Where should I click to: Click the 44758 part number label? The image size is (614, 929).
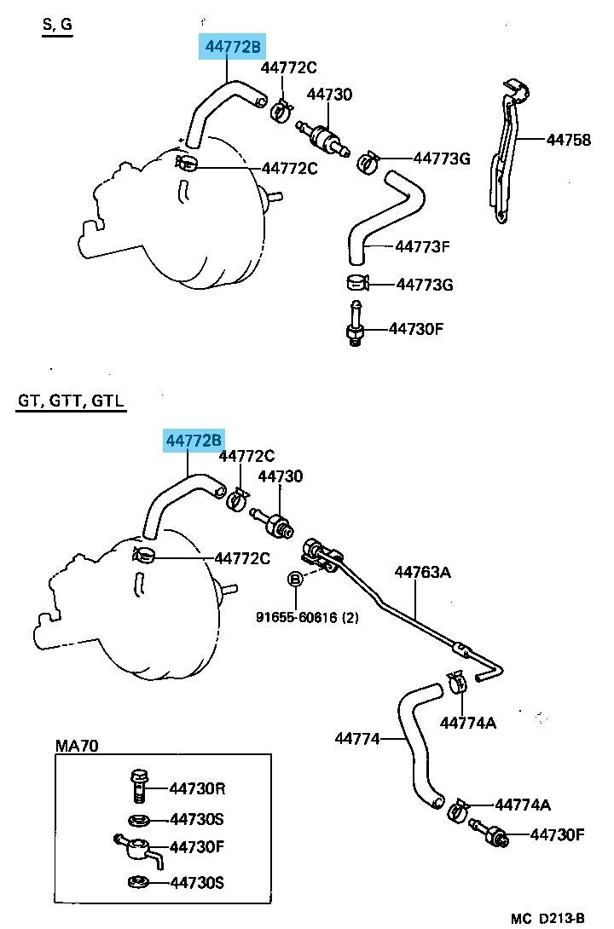pyautogui.click(x=568, y=140)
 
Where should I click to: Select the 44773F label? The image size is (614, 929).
pyautogui.click(x=422, y=246)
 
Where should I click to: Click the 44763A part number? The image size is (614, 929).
pyautogui.click(x=423, y=573)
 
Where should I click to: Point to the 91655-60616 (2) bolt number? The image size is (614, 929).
pyautogui.click(x=307, y=617)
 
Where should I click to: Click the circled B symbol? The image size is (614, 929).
pyautogui.click(x=296, y=579)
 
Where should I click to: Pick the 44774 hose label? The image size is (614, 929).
pyautogui.click(x=356, y=739)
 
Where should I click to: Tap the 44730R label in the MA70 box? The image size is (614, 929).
pyautogui.click(x=197, y=788)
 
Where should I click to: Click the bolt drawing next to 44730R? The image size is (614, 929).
pyautogui.click(x=137, y=786)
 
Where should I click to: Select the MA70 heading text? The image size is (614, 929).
pyautogui.click(x=77, y=746)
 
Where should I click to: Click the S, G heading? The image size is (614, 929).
pyautogui.click(x=57, y=25)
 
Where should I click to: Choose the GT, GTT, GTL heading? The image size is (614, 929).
pyautogui.click(x=71, y=401)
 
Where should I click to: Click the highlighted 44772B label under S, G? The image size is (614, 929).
pyautogui.click(x=233, y=47)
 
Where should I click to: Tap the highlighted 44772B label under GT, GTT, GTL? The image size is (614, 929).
pyautogui.click(x=194, y=441)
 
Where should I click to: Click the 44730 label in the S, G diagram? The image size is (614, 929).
pyautogui.click(x=329, y=95)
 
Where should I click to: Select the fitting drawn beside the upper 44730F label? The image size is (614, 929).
pyautogui.click(x=355, y=324)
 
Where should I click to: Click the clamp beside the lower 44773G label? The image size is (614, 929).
pyautogui.click(x=358, y=283)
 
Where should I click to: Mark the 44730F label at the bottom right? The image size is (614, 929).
pyautogui.click(x=557, y=834)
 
